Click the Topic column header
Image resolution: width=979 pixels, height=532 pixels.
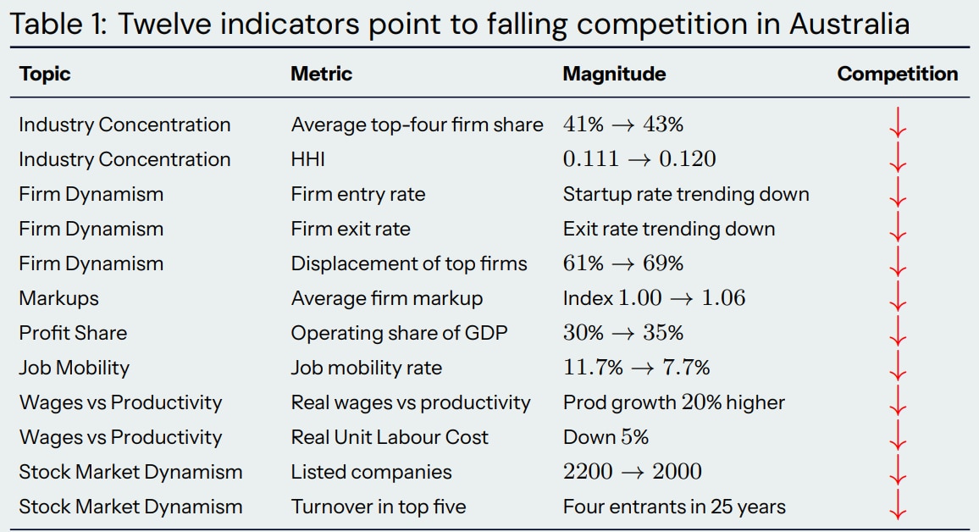click(x=45, y=74)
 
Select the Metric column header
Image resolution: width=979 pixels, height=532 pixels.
click(x=321, y=74)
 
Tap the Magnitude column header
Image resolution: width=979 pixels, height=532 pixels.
click(x=614, y=74)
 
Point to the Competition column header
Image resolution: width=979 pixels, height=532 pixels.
click(x=897, y=74)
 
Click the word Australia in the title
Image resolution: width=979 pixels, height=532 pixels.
click(x=849, y=23)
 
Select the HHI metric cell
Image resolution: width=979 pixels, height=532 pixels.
click(x=308, y=159)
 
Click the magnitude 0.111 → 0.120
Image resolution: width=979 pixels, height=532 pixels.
click(x=639, y=159)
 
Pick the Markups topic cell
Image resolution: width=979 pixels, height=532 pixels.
click(x=58, y=298)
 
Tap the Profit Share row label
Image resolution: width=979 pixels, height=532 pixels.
click(x=73, y=333)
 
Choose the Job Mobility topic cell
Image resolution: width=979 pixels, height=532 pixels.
click(x=74, y=368)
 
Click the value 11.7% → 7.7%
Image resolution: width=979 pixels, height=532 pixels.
click(x=636, y=368)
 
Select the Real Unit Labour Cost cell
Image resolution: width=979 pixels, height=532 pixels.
click(x=390, y=437)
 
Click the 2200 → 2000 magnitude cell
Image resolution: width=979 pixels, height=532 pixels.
click(x=632, y=472)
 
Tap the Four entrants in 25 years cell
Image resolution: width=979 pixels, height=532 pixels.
click(x=674, y=507)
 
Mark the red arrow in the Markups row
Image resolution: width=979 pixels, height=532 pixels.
click(x=897, y=298)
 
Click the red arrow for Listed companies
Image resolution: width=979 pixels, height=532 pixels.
click(x=897, y=472)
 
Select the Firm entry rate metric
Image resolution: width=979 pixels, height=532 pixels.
click(x=357, y=194)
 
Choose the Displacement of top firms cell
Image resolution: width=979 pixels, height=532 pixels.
click(x=408, y=263)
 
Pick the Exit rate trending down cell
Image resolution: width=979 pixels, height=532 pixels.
click(x=668, y=229)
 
